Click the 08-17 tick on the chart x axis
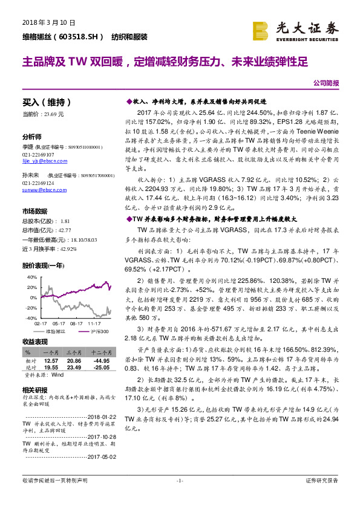tap(77, 323)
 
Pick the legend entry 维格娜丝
tap(55, 331)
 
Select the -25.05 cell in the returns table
tap(100, 366)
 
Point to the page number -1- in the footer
tap(179, 481)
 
